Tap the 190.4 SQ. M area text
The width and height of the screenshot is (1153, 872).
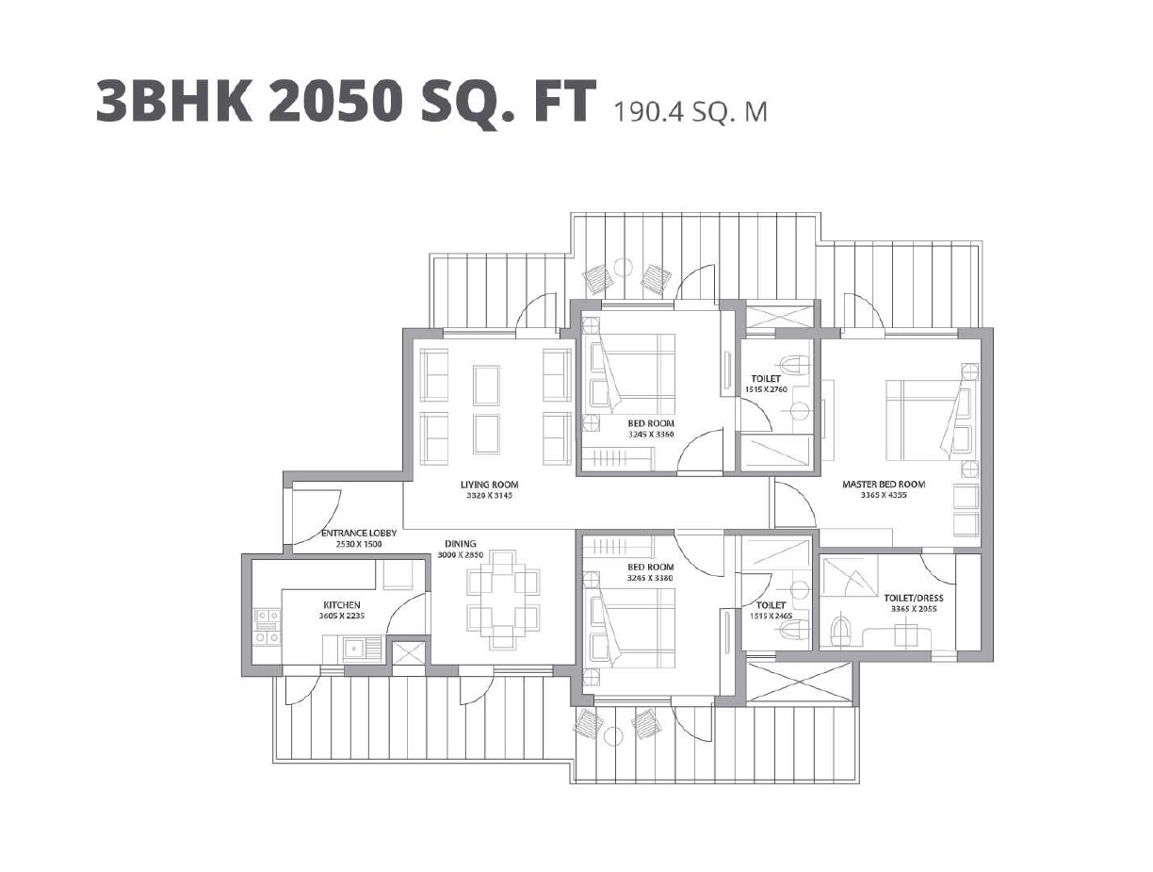pyautogui.click(x=690, y=111)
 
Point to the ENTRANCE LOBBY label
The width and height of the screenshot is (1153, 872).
pyautogui.click(x=359, y=533)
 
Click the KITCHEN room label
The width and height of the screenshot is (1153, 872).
pyautogui.click(x=341, y=605)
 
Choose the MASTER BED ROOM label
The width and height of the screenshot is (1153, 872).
pyautogui.click(x=883, y=485)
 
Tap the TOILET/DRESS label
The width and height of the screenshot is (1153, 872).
pyautogui.click(x=913, y=598)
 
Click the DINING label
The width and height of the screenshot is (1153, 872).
pyautogui.click(x=461, y=544)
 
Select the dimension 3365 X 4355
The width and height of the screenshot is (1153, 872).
pyautogui.click(x=883, y=495)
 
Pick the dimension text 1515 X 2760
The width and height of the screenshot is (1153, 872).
pyautogui.click(x=765, y=388)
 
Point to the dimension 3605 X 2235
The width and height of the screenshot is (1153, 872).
pyautogui.click(x=341, y=616)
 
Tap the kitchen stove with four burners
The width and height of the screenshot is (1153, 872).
pyautogui.click(x=267, y=628)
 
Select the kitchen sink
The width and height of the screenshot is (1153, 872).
pyautogui.click(x=356, y=648)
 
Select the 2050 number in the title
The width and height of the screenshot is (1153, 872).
pyautogui.click(x=354, y=101)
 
